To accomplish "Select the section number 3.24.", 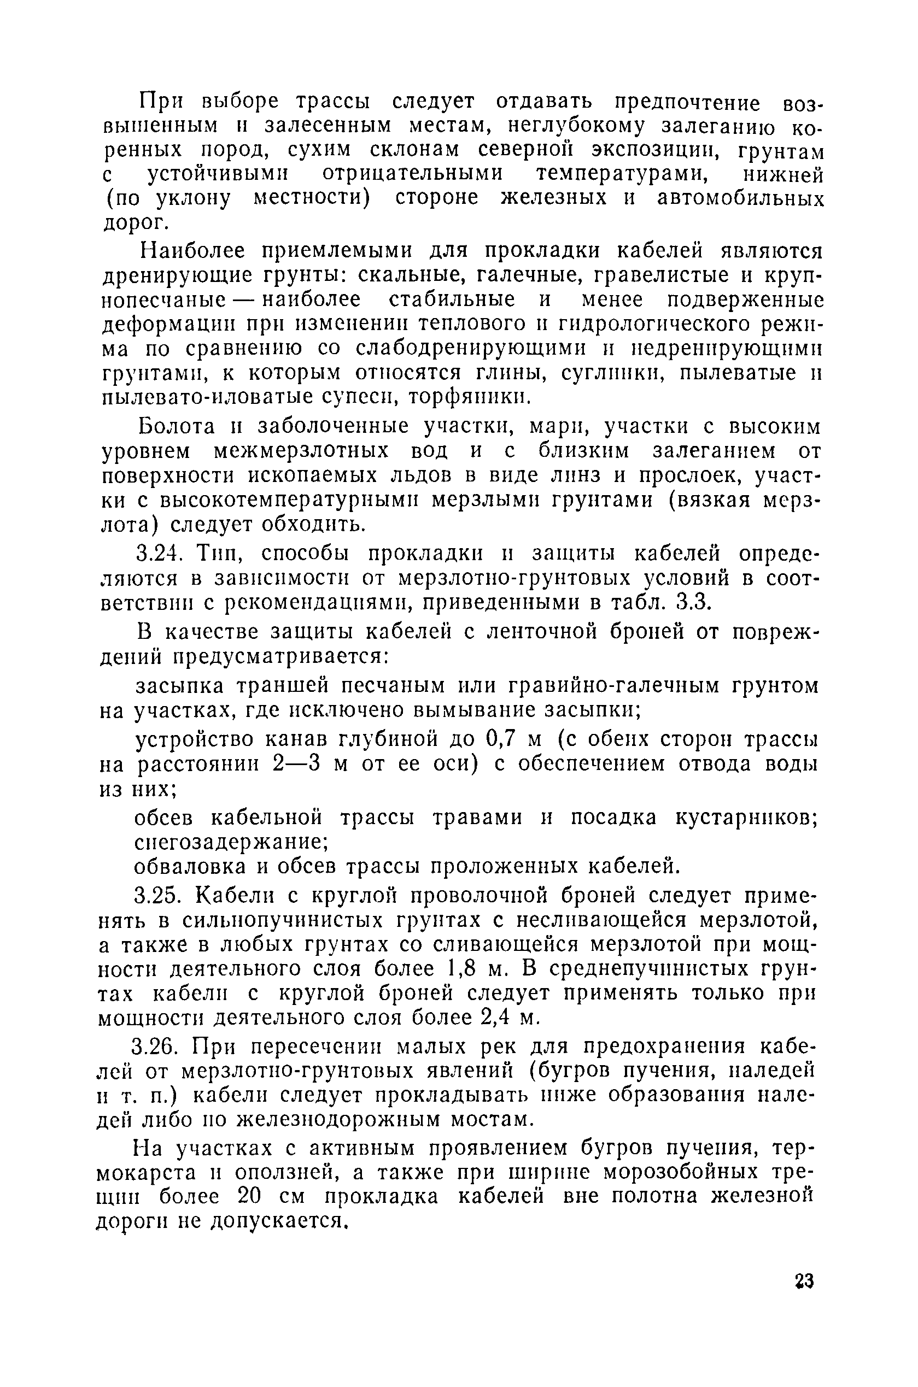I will click(x=159, y=553).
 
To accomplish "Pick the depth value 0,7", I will click(x=500, y=740).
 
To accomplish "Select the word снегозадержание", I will click(x=231, y=842).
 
